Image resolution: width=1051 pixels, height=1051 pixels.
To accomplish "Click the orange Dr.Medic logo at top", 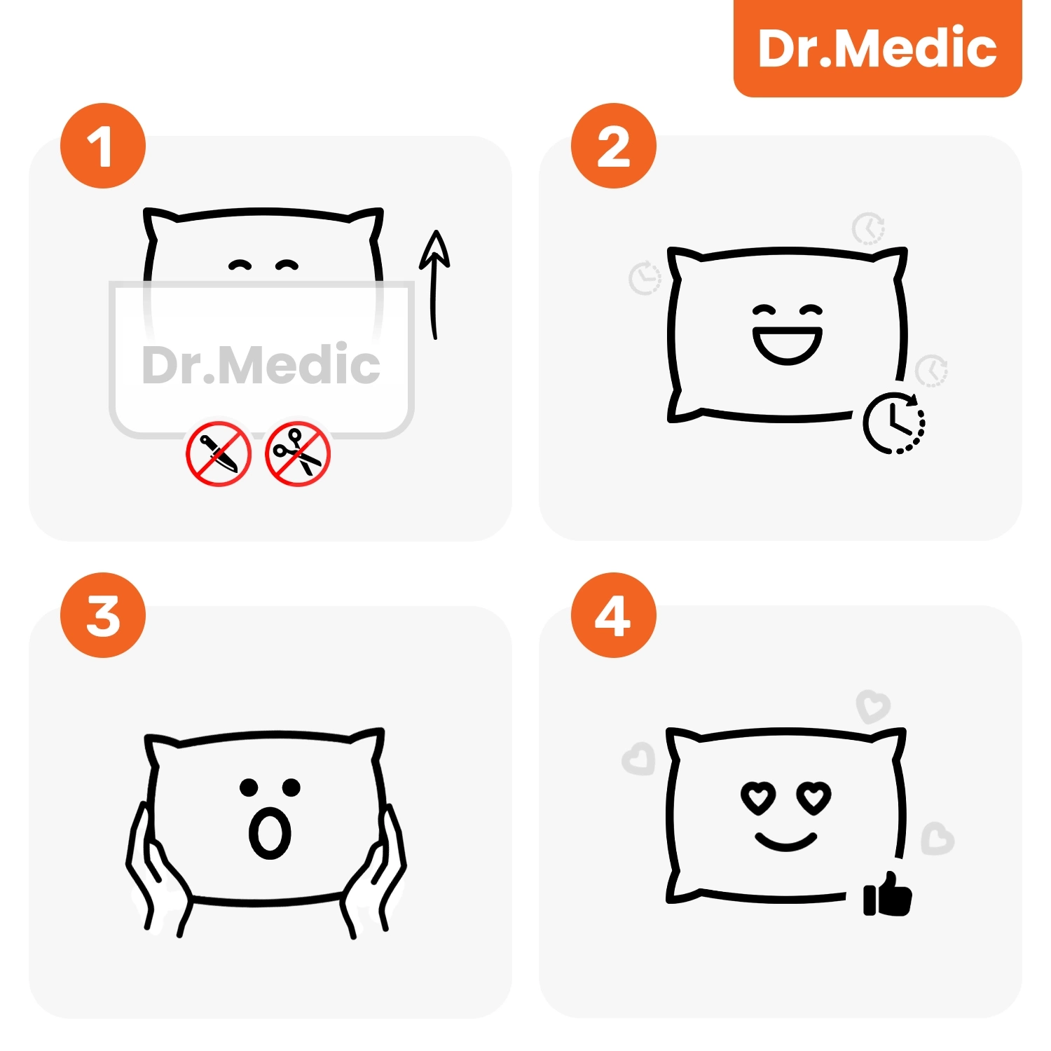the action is coord(877,48).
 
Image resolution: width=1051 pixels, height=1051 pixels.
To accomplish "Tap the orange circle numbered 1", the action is coord(103,146).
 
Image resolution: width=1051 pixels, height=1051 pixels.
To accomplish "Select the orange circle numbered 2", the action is coord(613,146).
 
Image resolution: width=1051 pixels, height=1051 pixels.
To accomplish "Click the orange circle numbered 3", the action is coord(103,615).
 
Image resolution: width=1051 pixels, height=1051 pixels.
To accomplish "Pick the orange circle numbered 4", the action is coord(613,615).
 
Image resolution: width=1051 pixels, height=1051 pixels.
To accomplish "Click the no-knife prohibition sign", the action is coord(219,453).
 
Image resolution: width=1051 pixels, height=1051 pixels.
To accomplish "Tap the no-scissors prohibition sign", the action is coord(298,453).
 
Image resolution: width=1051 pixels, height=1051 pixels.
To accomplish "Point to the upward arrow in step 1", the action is coord(434,284).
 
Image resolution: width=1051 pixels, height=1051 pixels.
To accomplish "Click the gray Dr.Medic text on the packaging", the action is coord(261,364).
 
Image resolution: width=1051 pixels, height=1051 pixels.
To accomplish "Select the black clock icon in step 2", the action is coord(894,423).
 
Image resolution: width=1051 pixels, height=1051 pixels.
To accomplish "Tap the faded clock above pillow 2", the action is coord(869,228).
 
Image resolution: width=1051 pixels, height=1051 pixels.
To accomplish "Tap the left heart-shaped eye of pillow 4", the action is coord(759,797).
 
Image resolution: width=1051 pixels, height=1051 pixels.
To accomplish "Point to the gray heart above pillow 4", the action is coord(873,706).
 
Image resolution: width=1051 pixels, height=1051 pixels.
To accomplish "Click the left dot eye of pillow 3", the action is coord(249,788).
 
